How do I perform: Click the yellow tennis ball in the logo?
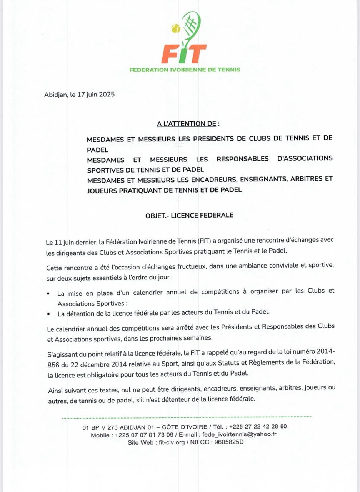click(x=176, y=28)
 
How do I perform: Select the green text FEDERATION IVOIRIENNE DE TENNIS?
click(x=185, y=70)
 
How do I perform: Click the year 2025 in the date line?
click(x=107, y=95)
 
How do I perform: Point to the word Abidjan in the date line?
click(x=56, y=95)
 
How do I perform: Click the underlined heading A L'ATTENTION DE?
click(x=188, y=124)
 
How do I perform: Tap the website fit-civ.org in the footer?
click(x=172, y=442)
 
